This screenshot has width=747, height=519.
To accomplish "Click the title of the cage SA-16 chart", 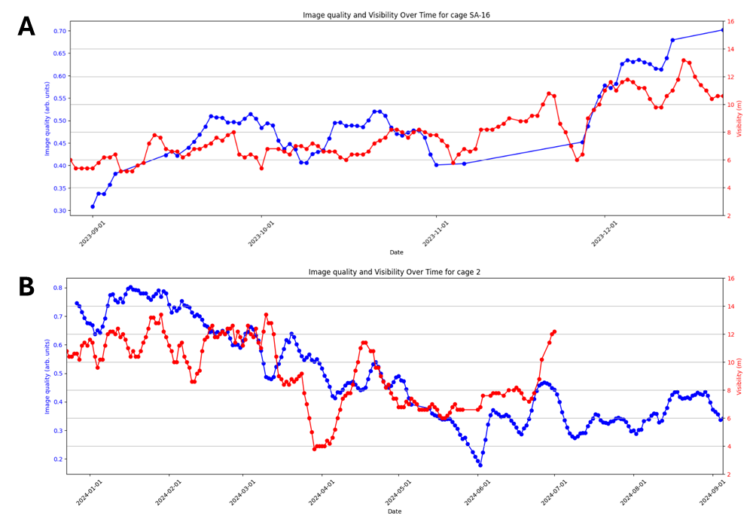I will (x=396, y=15).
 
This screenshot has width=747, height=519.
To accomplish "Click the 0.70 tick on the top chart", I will (x=58, y=32).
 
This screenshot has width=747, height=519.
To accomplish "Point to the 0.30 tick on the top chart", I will (x=58, y=210).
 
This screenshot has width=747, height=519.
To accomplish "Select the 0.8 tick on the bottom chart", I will (x=58, y=288).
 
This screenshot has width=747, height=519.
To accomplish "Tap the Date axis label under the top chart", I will (x=396, y=252).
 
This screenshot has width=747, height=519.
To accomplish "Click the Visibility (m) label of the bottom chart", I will (x=739, y=375).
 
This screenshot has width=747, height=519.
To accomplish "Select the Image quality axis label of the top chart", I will (x=47, y=118).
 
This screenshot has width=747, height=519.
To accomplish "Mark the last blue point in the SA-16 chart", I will (x=721, y=30).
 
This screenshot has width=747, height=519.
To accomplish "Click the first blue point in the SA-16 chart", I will (x=93, y=206).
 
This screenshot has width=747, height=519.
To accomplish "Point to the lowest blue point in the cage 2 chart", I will (x=480, y=465).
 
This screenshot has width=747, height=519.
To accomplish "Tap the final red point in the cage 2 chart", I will (x=554, y=331).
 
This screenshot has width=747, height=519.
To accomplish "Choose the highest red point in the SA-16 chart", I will (x=683, y=60).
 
